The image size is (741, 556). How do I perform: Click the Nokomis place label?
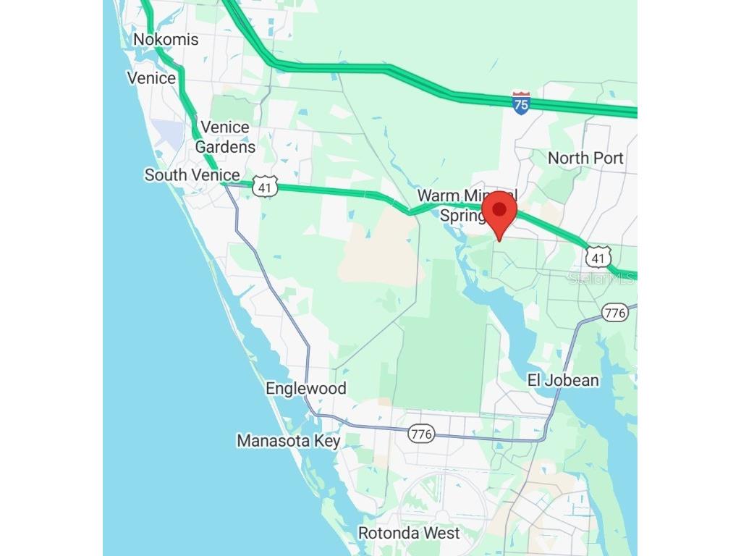point(166,39)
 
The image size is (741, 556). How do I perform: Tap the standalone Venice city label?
point(151,78)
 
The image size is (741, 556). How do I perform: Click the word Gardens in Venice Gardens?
point(225,146)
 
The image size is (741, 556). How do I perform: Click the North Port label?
point(585,158)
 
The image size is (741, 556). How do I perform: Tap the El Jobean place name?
point(562,380)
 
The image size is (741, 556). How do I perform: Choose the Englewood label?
point(306,388)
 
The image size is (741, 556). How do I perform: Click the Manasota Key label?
point(288,440)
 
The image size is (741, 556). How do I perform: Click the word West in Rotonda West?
point(442,533)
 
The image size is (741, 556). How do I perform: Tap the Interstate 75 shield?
point(521,102)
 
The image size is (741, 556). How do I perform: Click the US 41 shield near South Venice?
point(266,187)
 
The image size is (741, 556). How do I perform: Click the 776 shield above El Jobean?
point(614,313)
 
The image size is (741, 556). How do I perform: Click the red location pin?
point(499,217)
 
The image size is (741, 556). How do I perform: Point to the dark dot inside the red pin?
point(499,210)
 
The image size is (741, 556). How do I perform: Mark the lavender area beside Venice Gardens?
point(169,134)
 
